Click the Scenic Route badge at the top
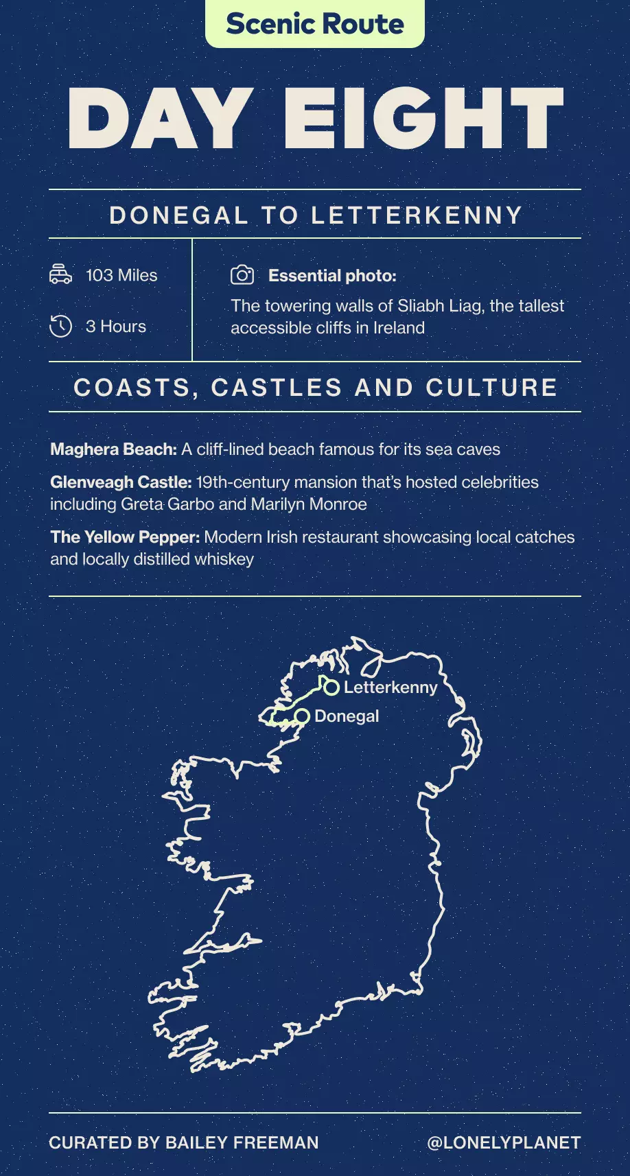coord(315,24)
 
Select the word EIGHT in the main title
coord(423,119)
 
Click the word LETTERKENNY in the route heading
coord(417,215)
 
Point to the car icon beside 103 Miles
coord(60,274)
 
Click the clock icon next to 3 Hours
coord(60,326)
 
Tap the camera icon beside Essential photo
coord(242,275)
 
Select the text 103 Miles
coord(121,275)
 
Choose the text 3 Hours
coord(116,327)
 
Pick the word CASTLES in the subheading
coord(277,388)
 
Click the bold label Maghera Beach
coord(113,449)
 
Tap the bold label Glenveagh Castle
coord(120,482)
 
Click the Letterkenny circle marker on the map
coord(331,687)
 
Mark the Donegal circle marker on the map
coord(302,716)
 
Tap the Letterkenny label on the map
coord(390,687)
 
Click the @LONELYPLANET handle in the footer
coord(504,1142)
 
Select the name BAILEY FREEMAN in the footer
coord(242,1142)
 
